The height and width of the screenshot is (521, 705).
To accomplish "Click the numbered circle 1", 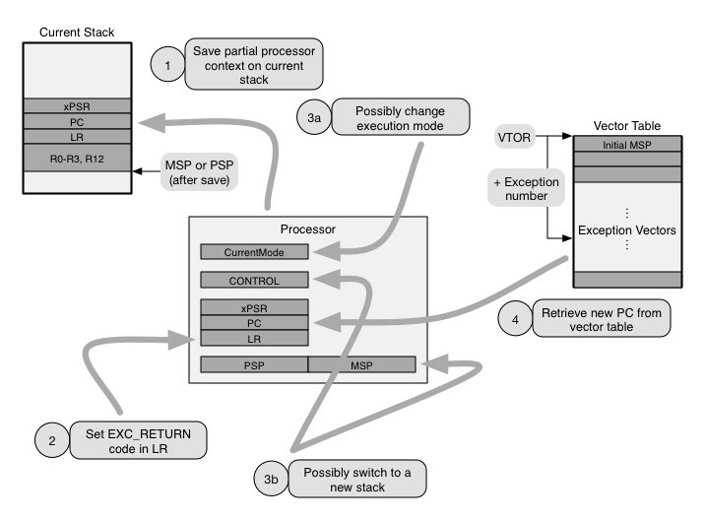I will [x=167, y=65].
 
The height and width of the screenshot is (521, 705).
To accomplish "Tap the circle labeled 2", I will [x=51, y=439].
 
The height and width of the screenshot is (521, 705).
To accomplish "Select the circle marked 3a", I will [x=313, y=118].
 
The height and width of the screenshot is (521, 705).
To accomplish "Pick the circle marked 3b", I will [x=273, y=480].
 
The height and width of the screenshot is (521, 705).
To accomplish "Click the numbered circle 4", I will [x=514, y=318].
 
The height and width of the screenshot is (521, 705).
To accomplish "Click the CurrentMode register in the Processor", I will [x=254, y=252].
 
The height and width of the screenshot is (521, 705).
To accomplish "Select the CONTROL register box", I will [x=254, y=280].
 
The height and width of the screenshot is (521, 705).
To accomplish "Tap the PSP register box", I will [x=254, y=364].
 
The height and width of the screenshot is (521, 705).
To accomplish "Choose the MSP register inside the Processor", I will [x=361, y=364].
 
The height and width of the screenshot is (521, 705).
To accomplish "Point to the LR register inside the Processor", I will [x=254, y=338].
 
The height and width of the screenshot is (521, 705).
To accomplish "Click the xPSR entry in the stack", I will [x=75, y=105].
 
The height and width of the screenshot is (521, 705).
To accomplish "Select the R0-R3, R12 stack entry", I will [x=75, y=158].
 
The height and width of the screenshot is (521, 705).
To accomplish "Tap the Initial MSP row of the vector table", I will [x=627, y=145].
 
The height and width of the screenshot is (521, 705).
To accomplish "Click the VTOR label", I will [x=515, y=138].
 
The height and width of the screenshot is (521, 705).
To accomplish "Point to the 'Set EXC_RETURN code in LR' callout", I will [x=138, y=440].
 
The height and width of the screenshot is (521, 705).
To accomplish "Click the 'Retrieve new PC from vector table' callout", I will [x=604, y=318].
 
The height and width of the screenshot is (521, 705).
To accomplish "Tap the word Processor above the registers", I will [x=308, y=229].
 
